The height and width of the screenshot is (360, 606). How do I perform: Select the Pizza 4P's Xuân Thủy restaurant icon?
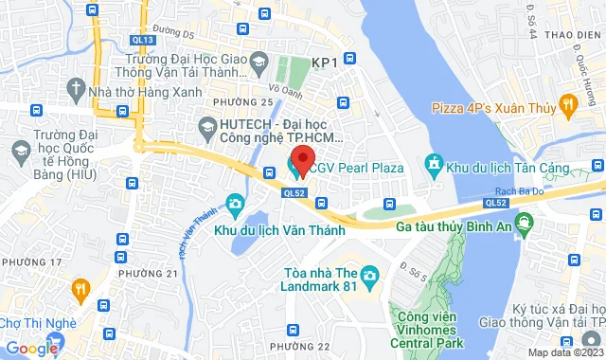(x=568, y=103)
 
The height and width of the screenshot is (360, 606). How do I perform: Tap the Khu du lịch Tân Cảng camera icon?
(x=435, y=168)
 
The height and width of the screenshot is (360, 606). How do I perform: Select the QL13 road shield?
(x=142, y=40)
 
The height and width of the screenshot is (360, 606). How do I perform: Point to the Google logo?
(x=30, y=349)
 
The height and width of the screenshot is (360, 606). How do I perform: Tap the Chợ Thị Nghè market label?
(x=38, y=323)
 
